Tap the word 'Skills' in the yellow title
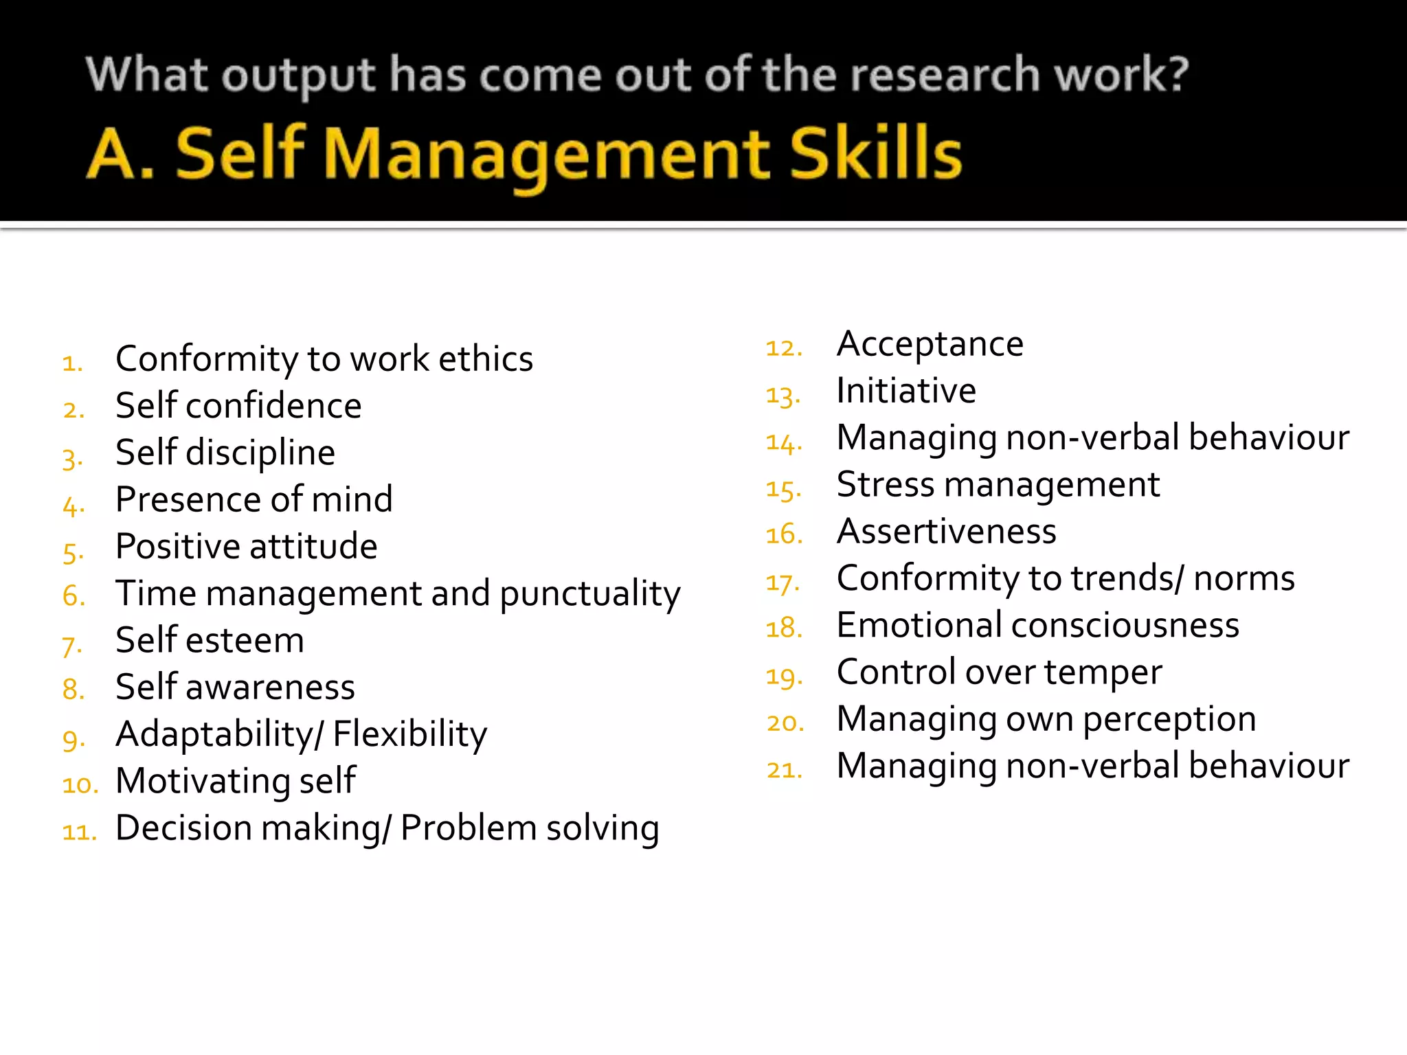point(875,154)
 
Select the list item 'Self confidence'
point(238,406)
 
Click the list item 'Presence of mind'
point(254,499)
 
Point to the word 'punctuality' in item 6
point(590,594)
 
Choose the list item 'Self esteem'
point(210,640)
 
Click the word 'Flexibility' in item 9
point(410,734)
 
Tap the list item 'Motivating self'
point(236,781)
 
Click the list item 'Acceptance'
point(930,344)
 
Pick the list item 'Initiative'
point(906,391)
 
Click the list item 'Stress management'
point(998,485)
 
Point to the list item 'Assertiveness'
point(947,532)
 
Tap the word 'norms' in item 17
point(1244,578)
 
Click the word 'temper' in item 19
point(1103,672)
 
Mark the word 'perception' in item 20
point(1170,720)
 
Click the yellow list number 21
point(784,770)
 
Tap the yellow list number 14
point(784,443)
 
